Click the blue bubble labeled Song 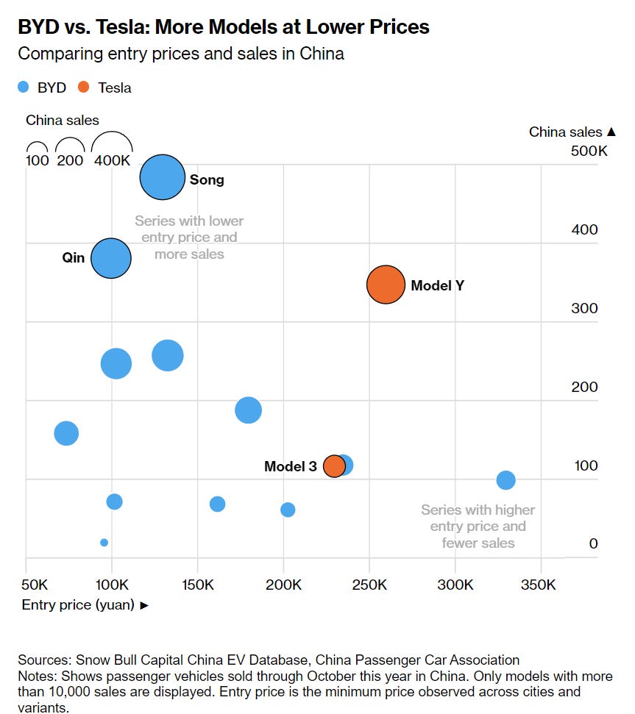(x=162, y=177)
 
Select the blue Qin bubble (x=111, y=258)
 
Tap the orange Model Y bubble (x=386, y=285)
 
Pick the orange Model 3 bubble (x=334, y=465)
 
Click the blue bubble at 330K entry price (x=505, y=480)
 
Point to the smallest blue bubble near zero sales (x=104, y=543)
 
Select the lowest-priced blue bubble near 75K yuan (x=66, y=433)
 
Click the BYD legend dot (x=24, y=88)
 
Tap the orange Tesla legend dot (x=83, y=88)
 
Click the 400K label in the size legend (x=112, y=160)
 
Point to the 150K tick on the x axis (x=197, y=585)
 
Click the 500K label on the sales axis (x=589, y=151)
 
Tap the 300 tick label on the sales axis (x=585, y=308)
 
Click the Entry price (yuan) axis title (x=79, y=605)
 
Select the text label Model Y (x=437, y=285)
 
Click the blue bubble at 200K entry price (x=288, y=510)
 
